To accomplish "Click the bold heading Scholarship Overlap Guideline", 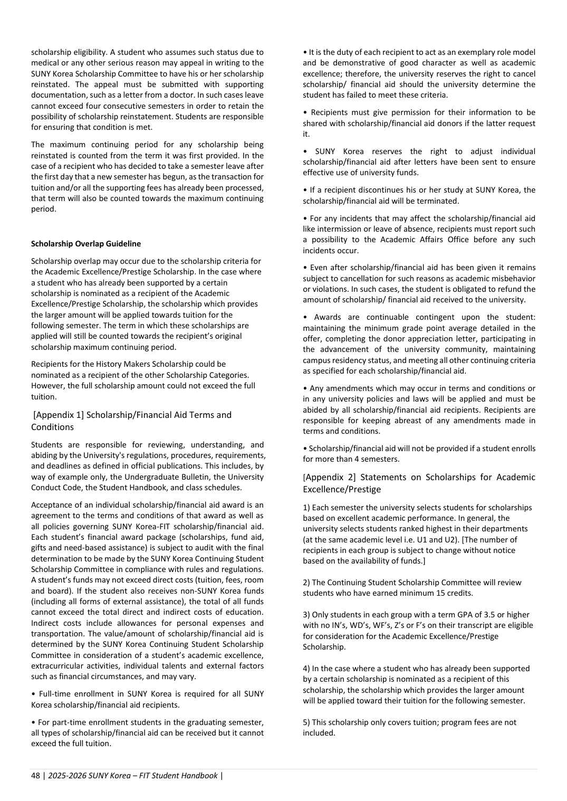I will coord(86,244).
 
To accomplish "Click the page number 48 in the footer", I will coord(35,776).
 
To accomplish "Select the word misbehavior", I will coord(511,279).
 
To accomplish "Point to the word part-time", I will coord(68,722).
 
